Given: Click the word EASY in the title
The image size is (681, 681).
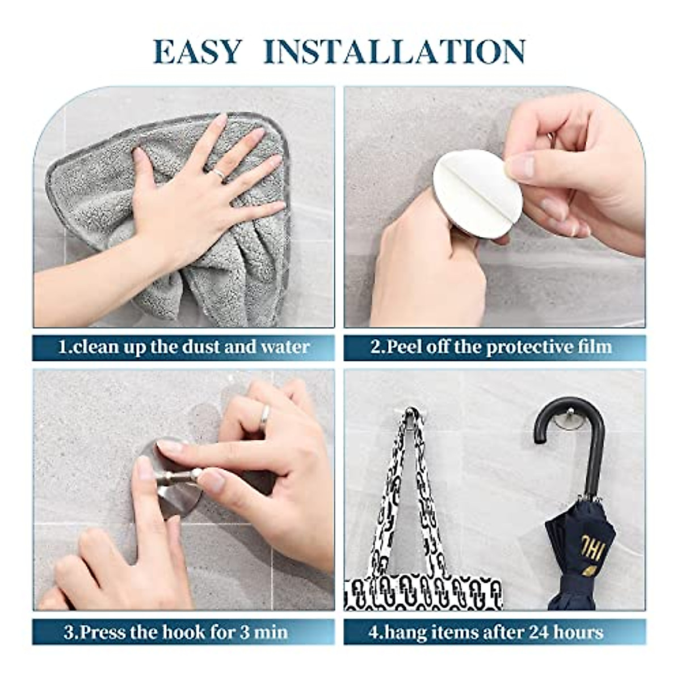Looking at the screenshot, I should (x=197, y=52).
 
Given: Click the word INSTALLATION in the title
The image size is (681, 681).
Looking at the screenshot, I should (x=394, y=52).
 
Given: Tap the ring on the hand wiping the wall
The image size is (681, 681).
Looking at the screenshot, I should (x=218, y=173).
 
